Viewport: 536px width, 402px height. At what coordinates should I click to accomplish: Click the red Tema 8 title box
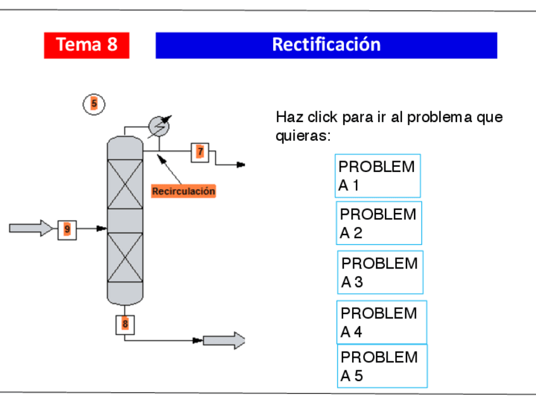tap(87, 45)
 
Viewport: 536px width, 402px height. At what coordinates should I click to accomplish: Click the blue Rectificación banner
tap(326, 45)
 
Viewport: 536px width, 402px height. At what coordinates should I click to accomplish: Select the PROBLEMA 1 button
tap(377, 176)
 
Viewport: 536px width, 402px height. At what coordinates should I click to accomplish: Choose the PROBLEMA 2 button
tap(379, 223)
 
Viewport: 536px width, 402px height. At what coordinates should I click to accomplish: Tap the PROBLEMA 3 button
tap(380, 272)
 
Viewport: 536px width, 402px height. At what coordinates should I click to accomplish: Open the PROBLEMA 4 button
tap(381, 322)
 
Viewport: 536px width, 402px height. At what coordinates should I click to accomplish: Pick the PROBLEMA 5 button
tap(382, 366)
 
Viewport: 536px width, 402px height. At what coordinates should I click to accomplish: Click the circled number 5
tap(94, 104)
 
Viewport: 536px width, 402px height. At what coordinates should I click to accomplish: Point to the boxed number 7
tap(200, 152)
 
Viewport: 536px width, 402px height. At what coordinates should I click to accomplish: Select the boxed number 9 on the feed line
tap(67, 229)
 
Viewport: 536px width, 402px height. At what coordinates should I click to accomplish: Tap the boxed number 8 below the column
tap(125, 324)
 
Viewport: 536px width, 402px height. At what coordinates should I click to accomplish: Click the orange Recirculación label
tap(183, 191)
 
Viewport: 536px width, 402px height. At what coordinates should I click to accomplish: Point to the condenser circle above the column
tap(159, 126)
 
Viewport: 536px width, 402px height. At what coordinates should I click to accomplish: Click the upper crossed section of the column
tap(125, 184)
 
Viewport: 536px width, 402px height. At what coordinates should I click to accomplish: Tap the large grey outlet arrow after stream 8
tap(228, 341)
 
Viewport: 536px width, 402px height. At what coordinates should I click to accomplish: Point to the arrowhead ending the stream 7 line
tap(241, 165)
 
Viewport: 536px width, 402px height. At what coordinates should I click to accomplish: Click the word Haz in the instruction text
tap(286, 118)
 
